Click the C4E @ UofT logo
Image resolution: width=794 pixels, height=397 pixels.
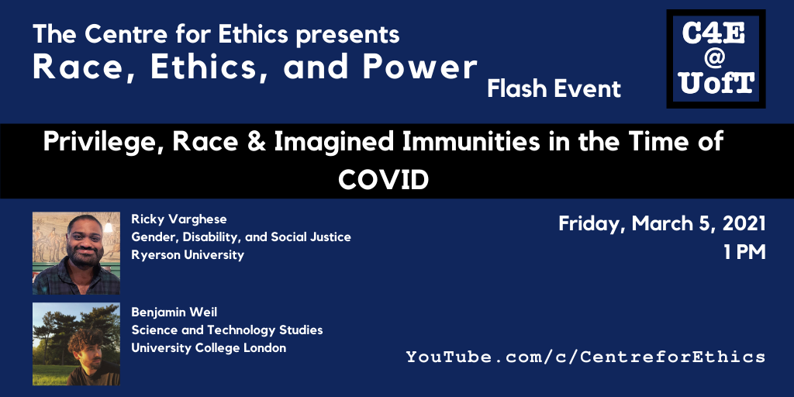click(716, 59)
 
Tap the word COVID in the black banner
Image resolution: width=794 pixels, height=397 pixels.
click(383, 179)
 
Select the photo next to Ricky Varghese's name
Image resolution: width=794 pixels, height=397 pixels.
click(77, 254)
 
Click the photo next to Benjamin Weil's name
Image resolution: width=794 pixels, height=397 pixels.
click(77, 343)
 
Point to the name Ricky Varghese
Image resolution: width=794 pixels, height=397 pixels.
click(179, 219)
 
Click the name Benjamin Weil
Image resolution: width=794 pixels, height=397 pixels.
click(174, 312)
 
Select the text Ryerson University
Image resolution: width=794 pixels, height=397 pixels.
click(188, 254)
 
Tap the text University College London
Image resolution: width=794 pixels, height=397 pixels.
click(209, 348)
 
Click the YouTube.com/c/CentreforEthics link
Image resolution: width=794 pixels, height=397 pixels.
click(585, 357)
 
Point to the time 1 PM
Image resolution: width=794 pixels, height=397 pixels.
click(744, 253)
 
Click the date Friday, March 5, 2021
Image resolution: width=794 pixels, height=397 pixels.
click(662, 224)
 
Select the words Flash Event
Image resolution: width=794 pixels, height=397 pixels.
click(554, 89)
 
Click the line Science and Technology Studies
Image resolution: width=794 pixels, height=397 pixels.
click(227, 330)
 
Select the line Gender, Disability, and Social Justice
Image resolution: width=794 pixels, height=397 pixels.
click(241, 237)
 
